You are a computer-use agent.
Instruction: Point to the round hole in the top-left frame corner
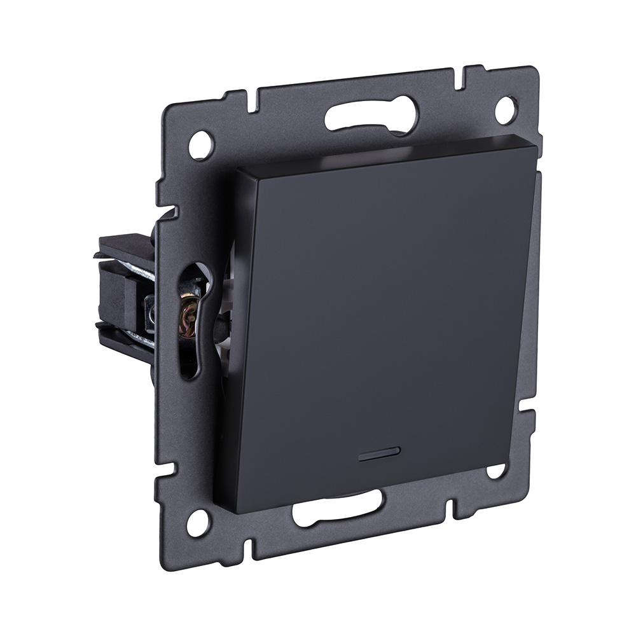pyautogui.click(x=201, y=144)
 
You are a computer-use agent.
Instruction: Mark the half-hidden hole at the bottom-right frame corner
pyautogui.click(x=495, y=471)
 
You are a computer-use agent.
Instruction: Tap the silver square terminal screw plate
pyautogui.click(x=151, y=311)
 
